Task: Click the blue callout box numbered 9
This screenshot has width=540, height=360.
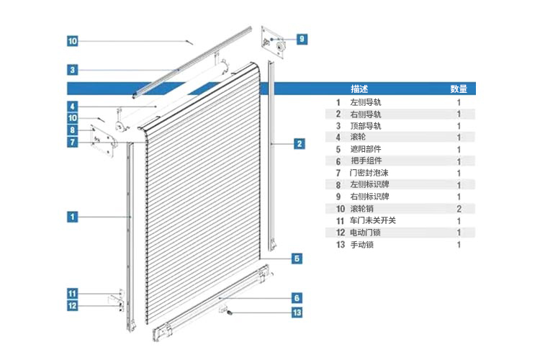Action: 302,39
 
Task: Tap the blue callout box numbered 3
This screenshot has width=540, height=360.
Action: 72,70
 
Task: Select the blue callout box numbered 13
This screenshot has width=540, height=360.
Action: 297,312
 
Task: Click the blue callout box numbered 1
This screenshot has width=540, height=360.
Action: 72,217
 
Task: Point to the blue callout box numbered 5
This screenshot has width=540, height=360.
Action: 297,258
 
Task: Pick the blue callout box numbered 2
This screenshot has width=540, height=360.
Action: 300,144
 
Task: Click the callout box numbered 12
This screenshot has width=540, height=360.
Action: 72,305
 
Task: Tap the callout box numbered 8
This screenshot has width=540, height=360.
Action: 72,130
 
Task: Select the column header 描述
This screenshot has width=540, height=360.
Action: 359,89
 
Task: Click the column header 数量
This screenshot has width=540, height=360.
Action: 459,89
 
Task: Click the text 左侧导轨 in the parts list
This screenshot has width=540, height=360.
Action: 365,102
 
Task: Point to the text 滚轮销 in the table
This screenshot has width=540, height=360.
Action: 361,209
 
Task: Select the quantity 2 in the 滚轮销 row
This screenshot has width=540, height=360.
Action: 459,209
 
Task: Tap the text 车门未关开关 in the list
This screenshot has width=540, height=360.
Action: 373,220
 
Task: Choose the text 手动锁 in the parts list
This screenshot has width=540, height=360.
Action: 361,245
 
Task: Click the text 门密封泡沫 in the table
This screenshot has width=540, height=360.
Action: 369,173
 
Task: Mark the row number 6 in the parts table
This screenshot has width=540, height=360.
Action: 338,161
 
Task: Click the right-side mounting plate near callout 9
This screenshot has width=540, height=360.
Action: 273,42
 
